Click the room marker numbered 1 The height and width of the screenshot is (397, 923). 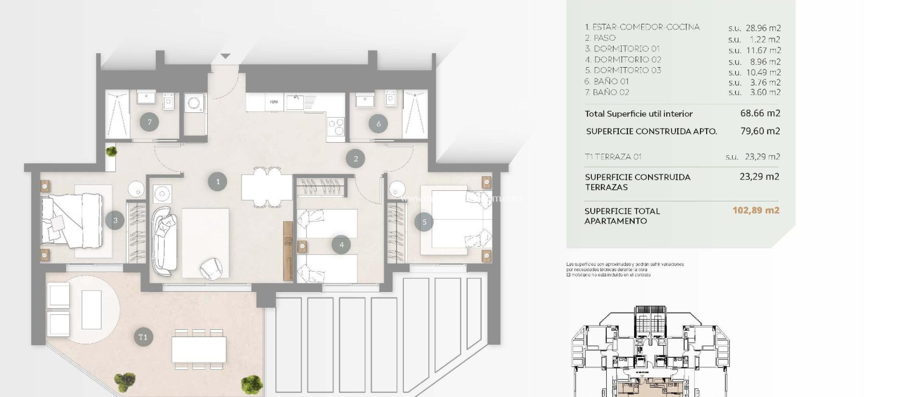pyautogui.click(x=218, y=182)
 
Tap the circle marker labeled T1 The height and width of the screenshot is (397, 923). pyautogui.click(x=143, y=337)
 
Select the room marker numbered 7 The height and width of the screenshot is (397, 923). pyautogui.click(x=149, y=122)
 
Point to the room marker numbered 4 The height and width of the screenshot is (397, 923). pyautogui.click(x=341, y=245)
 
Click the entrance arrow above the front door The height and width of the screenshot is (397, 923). pyautogui.click(x=225, y=56)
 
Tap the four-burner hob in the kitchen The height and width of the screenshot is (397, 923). pyautogui.click(x=336, y=126)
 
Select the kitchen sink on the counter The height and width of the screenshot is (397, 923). pyautogui.click(x=296, y=102)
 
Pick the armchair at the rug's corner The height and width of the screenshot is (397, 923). pyautogui.click(x=210, y=268)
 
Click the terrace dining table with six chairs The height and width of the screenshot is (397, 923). pyautogui.click(x=199, y=350)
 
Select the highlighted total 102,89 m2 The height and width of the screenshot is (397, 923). pyautogui.click(x=756, y=210)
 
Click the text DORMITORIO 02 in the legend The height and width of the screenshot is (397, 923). pyautogui.click(x=627, y=60)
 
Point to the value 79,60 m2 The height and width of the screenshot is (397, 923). pyautogui.click(x=760, y=131)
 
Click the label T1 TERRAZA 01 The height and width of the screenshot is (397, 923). pyautogui.click(x=613, y=157)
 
